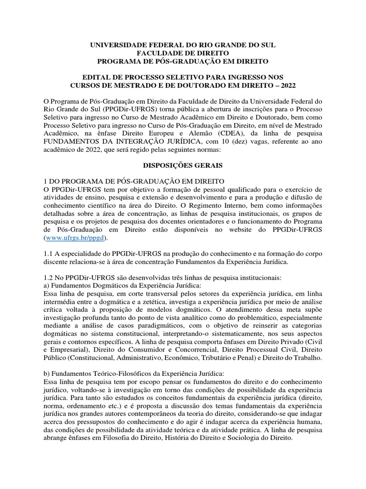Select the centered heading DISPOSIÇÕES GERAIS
[x=183, y=166]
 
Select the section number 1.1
[x=49, y=254]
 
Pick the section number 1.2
[x=49, y=278]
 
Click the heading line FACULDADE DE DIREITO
[x=183, y=53]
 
